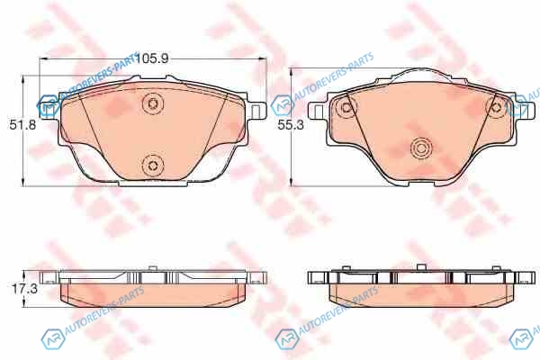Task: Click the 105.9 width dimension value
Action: tap(151, 58)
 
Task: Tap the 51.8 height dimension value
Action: tap(22, 125)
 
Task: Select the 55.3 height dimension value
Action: tap(291, 125)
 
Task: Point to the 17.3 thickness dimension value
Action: tap(25, 289)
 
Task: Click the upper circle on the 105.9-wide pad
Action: tap(153, 103)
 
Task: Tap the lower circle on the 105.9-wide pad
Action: tap(152, 166)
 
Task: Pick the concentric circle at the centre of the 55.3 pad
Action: tap(421, 148)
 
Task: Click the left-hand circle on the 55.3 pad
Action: tap(346, 107)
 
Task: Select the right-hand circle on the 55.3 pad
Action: tap(496, 107)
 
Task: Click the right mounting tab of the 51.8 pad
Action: tap(256, 111)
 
